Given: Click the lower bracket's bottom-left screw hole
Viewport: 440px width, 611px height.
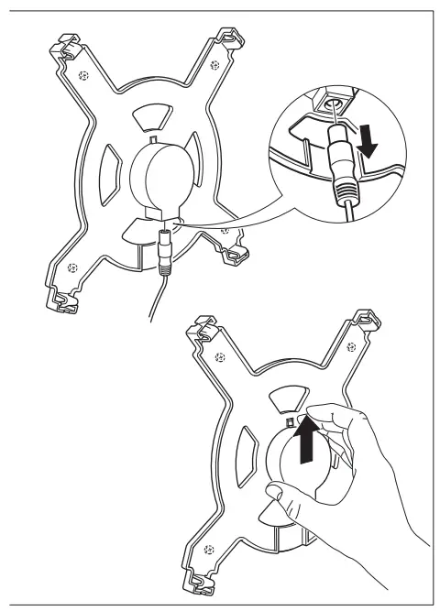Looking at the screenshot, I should pyautogui.click(x=211, y=551).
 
